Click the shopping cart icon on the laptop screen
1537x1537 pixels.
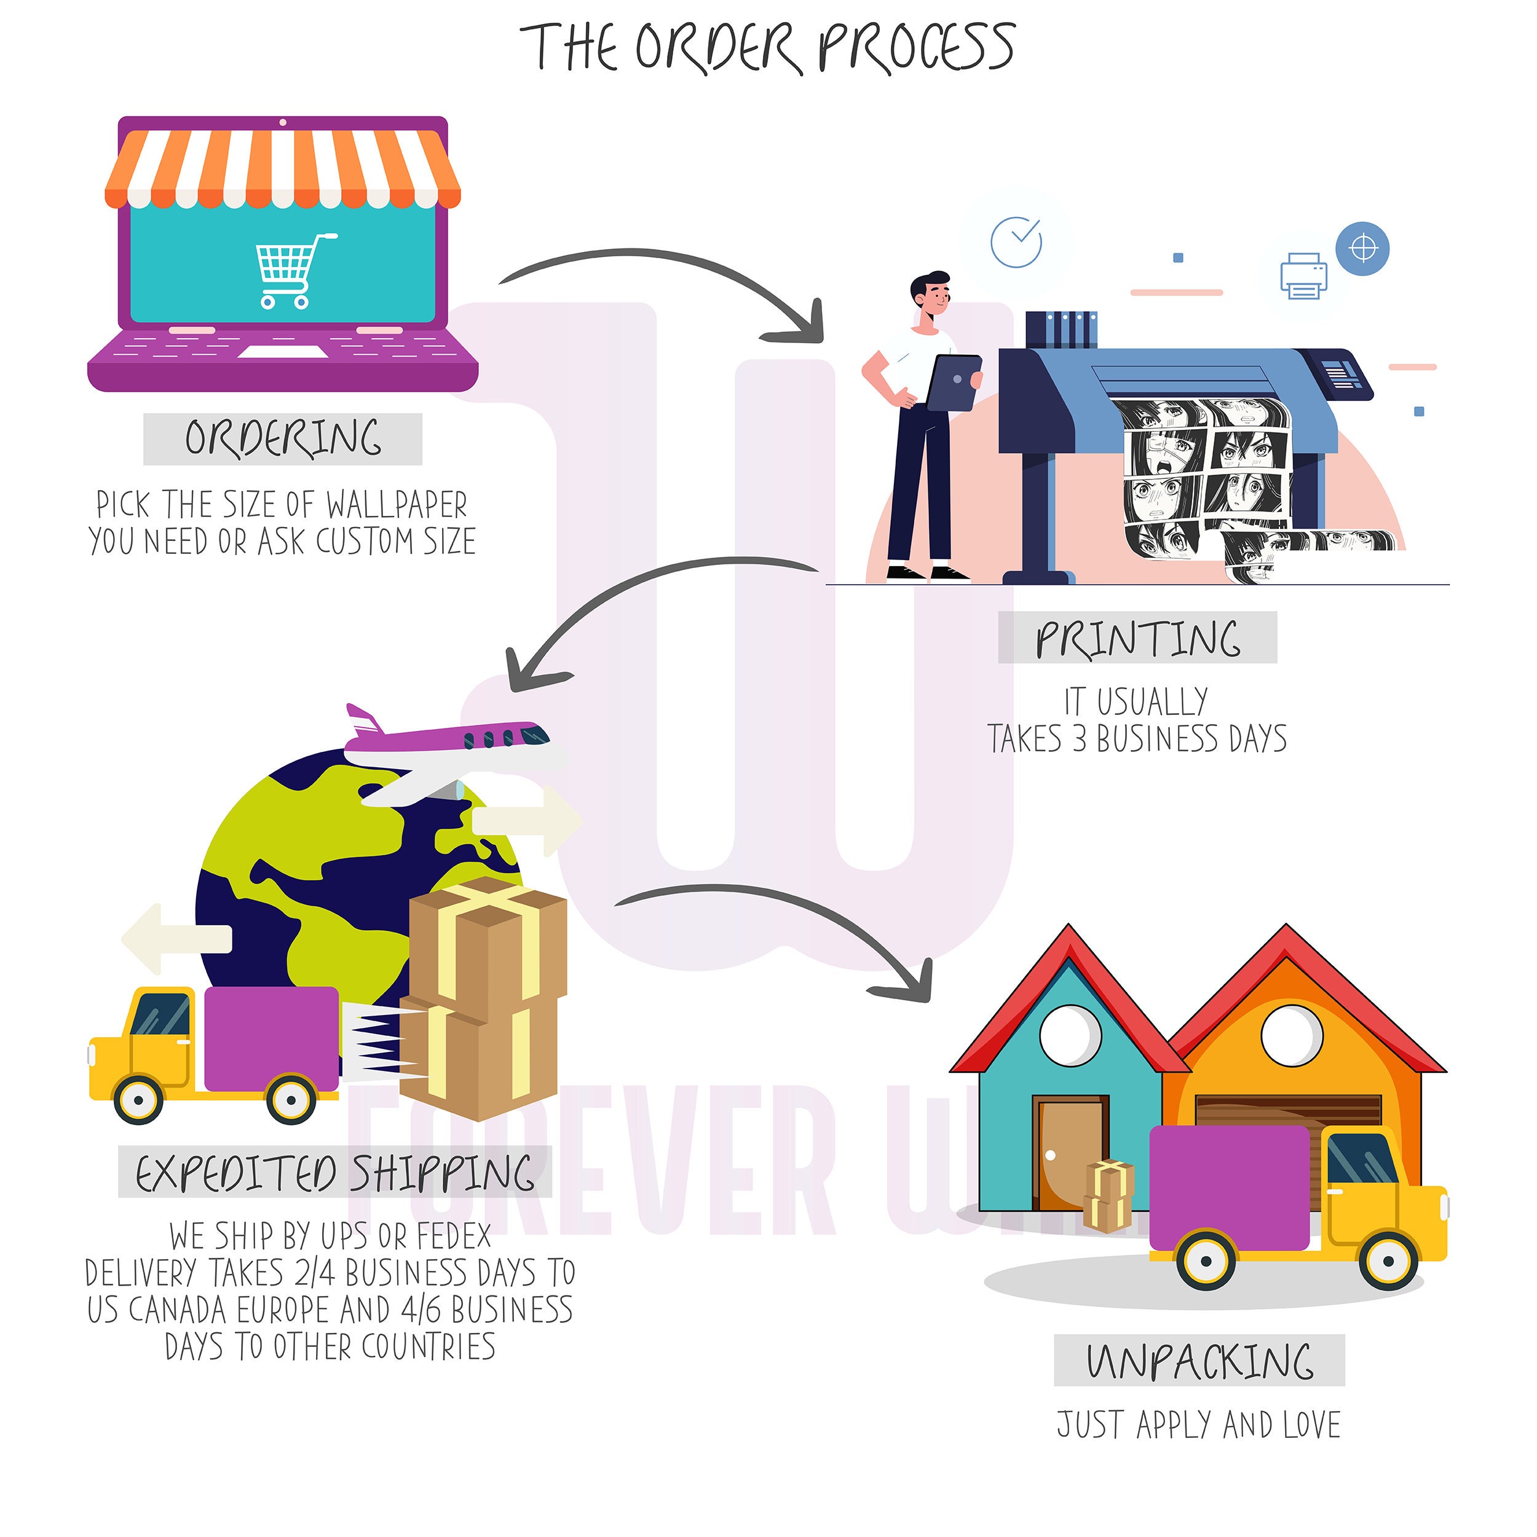294,271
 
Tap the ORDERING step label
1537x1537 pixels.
283,438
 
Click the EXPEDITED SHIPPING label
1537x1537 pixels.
335,1171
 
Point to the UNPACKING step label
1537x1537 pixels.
1199,1361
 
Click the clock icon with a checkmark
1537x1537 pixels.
1016,242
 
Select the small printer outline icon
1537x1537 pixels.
1304,276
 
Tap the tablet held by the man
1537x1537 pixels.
954,382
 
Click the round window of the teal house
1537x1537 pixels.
1071,1035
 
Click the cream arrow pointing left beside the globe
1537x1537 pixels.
176,939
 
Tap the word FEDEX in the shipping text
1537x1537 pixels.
454,1236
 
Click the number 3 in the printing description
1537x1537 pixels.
1079,739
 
